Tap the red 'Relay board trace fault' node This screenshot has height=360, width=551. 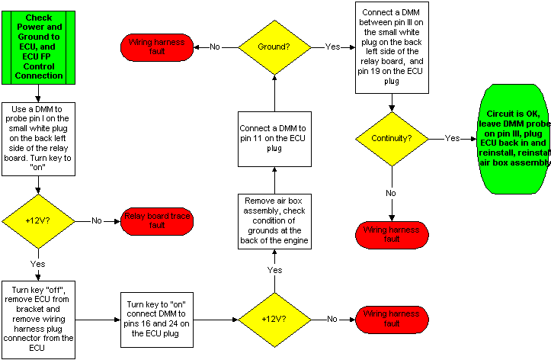157,222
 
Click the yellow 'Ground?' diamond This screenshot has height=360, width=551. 274,47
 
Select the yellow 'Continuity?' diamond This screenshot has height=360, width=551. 392,140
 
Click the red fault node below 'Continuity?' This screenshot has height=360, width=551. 392,234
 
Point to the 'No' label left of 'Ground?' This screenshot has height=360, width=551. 215,47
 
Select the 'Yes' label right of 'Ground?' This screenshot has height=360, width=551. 333,47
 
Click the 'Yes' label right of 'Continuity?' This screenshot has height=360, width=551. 452,139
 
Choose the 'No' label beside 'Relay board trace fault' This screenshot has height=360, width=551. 97,221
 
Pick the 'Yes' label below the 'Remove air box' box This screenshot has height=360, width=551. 275,270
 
